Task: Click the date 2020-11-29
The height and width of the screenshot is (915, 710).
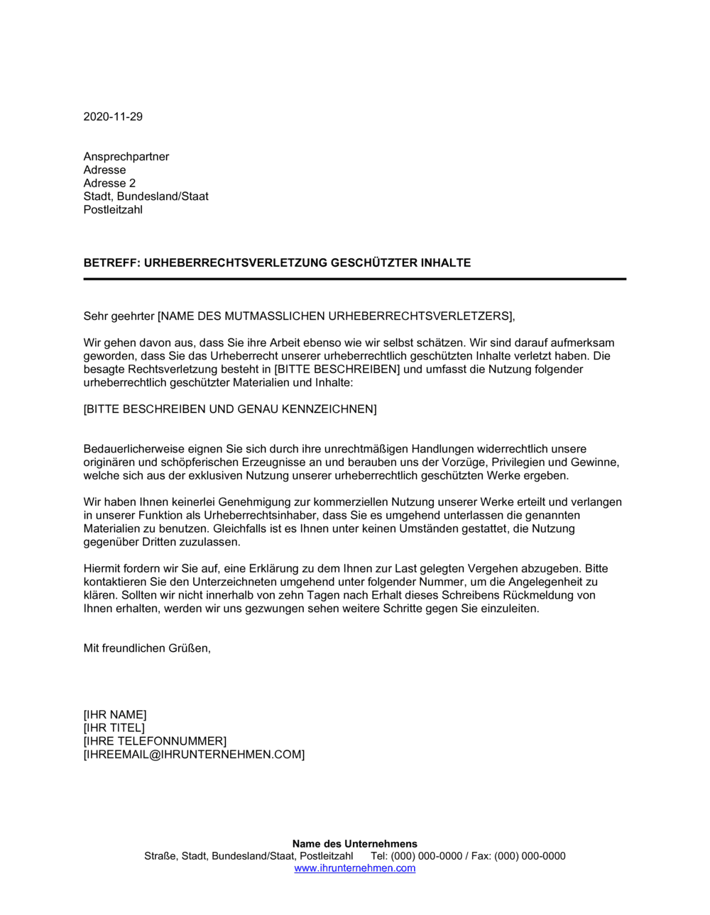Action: tap(113, 116)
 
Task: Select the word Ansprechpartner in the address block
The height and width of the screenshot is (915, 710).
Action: tap(126, 157)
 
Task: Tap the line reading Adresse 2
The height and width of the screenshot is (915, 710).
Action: tap(109, 183)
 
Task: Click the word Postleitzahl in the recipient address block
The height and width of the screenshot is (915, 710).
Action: tap(113, 210)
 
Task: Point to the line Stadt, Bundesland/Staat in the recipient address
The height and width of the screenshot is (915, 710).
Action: tap(146, 196)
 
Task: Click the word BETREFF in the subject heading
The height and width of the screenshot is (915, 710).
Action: tap(111, 263)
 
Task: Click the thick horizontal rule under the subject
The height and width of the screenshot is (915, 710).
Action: tap(354, 279)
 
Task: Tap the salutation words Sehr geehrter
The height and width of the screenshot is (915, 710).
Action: tap(119, 316)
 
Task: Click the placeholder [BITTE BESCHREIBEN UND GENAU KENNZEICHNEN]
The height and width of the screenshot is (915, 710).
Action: tap(230, 409)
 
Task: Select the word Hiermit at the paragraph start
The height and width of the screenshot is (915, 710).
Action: tap(102, 569)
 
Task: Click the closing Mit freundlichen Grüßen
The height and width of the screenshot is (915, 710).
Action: tap(147, 648)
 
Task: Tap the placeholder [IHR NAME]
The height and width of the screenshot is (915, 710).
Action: tap(115, 715)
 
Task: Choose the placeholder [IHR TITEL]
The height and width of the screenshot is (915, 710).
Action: tap(114, 728)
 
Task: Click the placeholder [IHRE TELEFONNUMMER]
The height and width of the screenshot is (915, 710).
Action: tap(155, 741)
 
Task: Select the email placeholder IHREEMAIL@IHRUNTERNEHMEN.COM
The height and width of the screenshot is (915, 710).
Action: tap(194, 755)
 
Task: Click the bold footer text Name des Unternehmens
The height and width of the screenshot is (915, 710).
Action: tap(354, 844)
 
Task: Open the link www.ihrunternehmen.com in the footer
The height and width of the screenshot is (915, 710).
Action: tap(354, 868)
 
